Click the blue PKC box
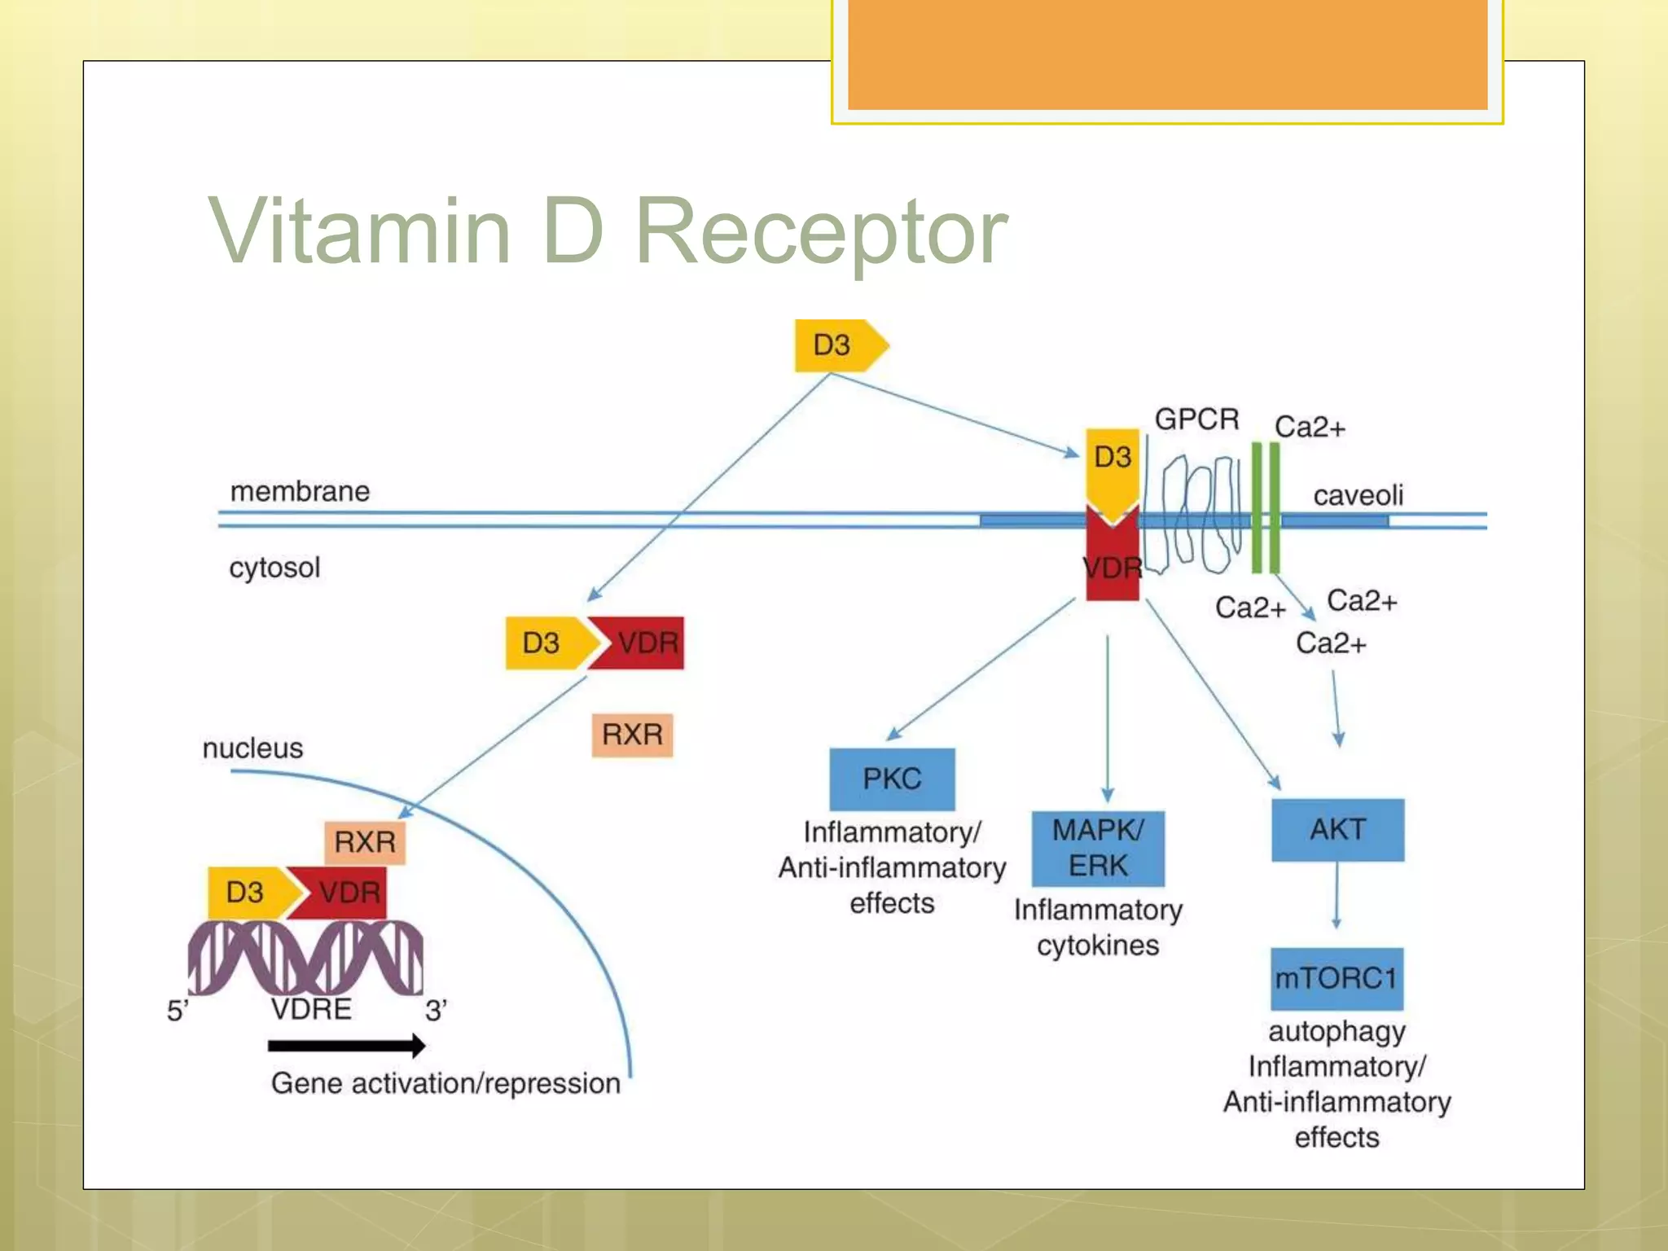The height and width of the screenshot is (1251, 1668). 892,779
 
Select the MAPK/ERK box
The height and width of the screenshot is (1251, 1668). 1098,848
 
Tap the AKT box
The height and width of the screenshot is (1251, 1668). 1337,829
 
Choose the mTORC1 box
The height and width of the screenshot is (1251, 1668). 1336,977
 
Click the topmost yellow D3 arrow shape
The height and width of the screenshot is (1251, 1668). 839,345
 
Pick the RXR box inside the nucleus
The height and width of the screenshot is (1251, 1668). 365,841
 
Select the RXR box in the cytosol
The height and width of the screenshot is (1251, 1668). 632,735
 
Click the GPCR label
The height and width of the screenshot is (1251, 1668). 1196,419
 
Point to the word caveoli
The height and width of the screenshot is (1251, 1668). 1358,495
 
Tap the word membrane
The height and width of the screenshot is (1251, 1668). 300,491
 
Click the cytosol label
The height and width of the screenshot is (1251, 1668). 274,568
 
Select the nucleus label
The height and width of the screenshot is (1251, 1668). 252,748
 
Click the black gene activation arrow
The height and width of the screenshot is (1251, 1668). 346,1046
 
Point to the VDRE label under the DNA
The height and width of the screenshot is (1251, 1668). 311,1009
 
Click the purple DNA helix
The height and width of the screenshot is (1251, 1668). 305,958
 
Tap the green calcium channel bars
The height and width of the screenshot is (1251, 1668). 1265,508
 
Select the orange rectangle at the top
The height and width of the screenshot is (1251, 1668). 1167,54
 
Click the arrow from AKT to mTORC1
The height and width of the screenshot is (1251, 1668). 1337,896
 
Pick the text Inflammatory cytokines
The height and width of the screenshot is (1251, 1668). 1098,927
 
